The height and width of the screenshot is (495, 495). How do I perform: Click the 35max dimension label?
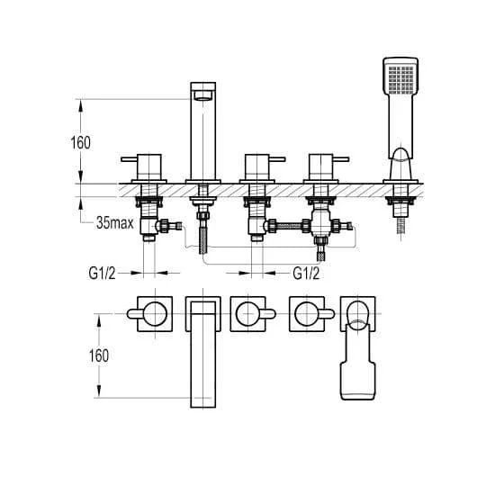[x=115, y=223]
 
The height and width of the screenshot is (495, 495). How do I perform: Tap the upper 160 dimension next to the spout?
[x=80, y=143]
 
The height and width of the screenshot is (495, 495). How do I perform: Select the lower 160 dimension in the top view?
[x=99, y=355]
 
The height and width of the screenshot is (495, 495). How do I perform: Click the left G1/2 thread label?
[x=102, y=274]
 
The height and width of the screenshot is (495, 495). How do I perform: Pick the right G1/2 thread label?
[x=306, y=274]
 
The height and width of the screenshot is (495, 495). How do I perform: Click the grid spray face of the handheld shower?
[x=400, y=79]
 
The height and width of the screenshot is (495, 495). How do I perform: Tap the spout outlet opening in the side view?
[x=203, y=95]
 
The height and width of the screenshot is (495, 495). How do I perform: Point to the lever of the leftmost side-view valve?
[x=129, y=159]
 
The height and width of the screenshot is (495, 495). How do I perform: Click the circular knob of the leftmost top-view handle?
[x=155, y=314]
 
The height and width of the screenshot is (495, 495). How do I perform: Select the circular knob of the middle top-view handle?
[x=247, y=314]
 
